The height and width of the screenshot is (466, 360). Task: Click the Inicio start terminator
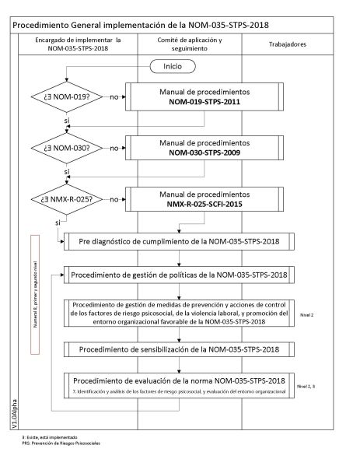click(173, 67)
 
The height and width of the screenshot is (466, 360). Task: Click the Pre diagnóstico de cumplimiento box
click(180, 242)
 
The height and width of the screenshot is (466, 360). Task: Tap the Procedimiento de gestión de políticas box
click(180, 275)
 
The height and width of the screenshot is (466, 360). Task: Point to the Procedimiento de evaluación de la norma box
click(180, 385)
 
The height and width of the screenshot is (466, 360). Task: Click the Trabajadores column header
click(285, 44)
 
